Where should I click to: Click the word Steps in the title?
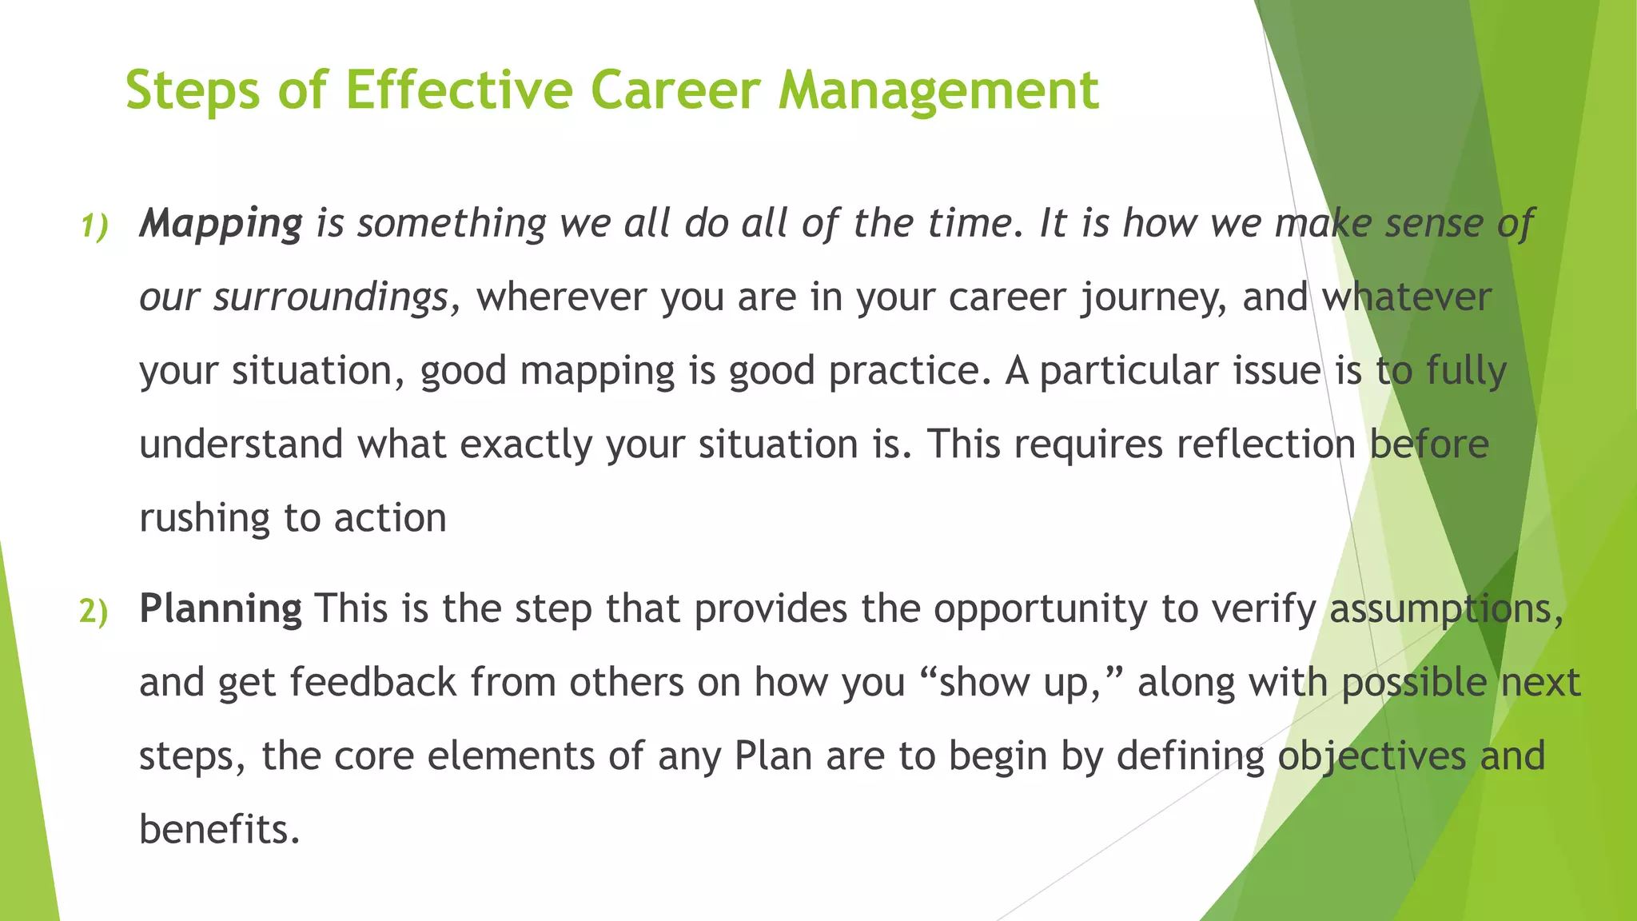click(193, 90)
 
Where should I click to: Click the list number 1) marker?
click(94, 227)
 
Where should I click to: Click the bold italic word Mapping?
click(221, 224)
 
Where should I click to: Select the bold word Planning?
click(221, 609)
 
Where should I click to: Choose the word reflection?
click(1265, 445)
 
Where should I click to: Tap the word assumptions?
click(1445, 609)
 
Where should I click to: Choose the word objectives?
click(1371, 756)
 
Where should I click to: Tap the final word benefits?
click(218, 830)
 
